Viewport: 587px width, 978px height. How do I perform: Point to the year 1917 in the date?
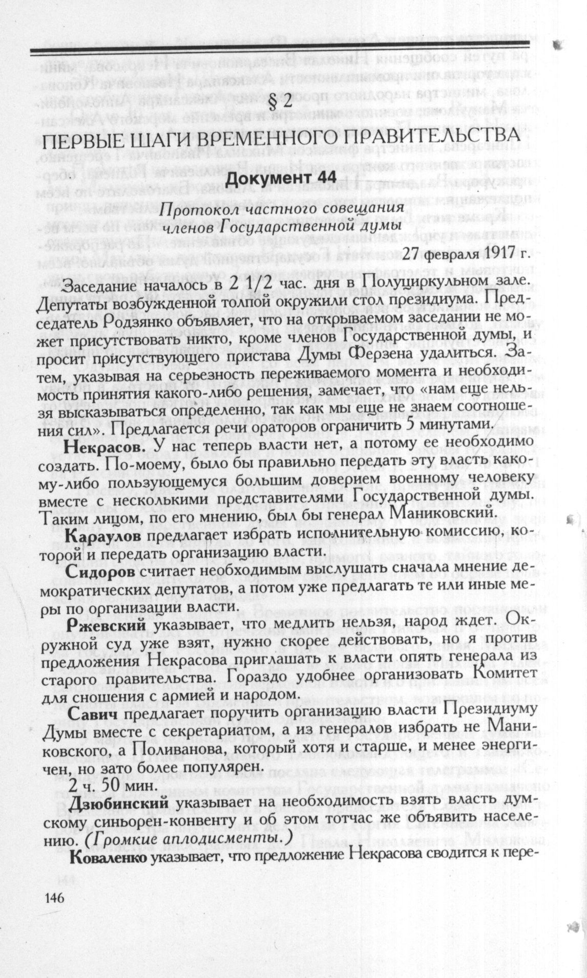point(485,252)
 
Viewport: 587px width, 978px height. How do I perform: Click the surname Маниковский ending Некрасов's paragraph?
point(434,512)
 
